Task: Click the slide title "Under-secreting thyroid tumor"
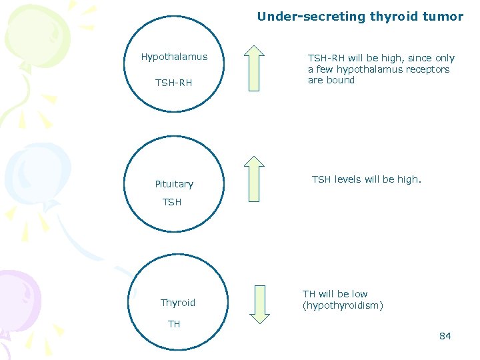click(360, 17)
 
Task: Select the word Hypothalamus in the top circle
click(174, 57)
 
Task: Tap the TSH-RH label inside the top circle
click(173, 83)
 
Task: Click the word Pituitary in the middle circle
click(174, 184)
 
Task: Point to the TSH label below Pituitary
click(172, 202)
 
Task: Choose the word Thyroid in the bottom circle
click(178, 303)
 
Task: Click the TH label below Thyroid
click(174, 324)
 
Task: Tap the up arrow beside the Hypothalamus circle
click(253, 67)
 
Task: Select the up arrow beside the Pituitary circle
click(253, 179)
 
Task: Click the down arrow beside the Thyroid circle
click(259, 305)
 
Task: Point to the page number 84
click(445, 336)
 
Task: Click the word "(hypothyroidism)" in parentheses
click(343, 305)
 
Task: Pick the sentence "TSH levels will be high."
click(367, 179)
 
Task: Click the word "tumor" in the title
click(446, 17)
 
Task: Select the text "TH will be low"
click(335, 294)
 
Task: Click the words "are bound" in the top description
click(331, 80)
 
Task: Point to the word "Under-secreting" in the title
click(301, 17)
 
